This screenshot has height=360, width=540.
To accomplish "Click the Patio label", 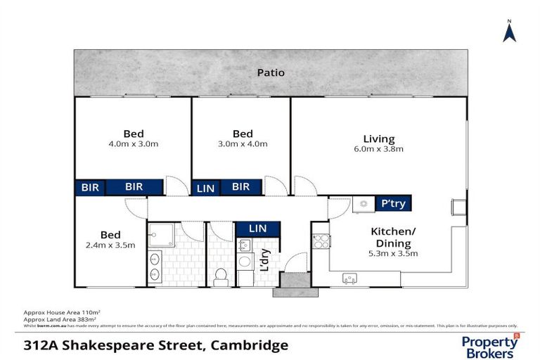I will pyautogui.click(x=270, y=72).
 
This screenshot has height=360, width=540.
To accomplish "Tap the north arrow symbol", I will pyautogui.click(x=509, y=31).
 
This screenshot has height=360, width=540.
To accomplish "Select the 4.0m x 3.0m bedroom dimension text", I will pyautogui.click(x=134, y=144).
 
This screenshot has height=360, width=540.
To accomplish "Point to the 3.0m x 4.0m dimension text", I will pyautogui.click(x=243, y=144).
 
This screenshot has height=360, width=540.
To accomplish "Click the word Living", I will pyautogui.click(x=379, y=139).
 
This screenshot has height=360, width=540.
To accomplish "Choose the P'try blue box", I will pyautogui.click(x=394, y=203).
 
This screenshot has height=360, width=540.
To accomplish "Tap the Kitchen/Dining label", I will pyautogui.click(x=394, y=237).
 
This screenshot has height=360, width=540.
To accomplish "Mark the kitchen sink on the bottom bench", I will pyautogui.click(x=349, y=279).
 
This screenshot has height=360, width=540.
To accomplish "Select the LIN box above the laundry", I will pyautogui.click(x=258, y=229).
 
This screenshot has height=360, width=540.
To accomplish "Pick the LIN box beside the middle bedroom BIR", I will pyautogui.click(x=205, y=187).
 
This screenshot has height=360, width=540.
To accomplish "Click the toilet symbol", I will pyautogui.click(x=221, y=276).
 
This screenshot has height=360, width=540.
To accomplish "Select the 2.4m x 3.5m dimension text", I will pyautogui.click(x=110, y=245).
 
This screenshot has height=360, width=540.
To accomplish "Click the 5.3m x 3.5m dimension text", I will pyautogui.click(x=394, y=254).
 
